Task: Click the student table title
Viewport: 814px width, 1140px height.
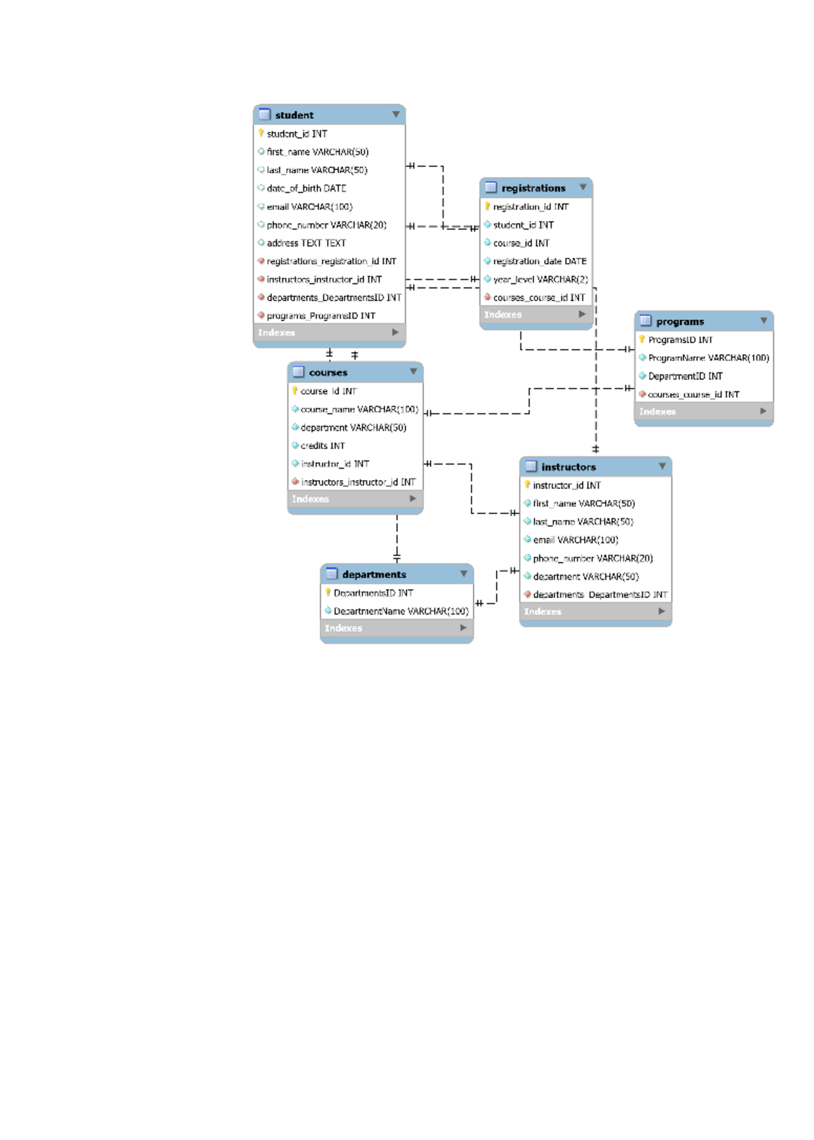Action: (x=294, y=115)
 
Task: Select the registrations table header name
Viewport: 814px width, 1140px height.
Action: (x=533, y=189)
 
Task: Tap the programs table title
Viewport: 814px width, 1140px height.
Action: (x=680, y=322)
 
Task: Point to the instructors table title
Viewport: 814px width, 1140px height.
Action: (x=568, y=467)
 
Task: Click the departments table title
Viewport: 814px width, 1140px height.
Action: (x=374, y=574)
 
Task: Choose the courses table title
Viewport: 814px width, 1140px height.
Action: (x=328, y=373)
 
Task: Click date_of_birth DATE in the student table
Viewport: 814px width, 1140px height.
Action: (x=306, y=189)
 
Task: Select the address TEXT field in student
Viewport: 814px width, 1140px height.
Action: (x=306, y=243)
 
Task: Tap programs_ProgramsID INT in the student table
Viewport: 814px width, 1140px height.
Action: (x=320, y=316)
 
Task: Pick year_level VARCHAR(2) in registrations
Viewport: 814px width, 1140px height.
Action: (x=540, y=279)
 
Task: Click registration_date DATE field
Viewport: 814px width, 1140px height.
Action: (x=539, y=261)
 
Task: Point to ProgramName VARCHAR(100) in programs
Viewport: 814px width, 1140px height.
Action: (x=708, y=358)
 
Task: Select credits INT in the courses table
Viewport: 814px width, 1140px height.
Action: (x=322, y=446)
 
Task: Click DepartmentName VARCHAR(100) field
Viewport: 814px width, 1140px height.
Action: (x=401, y=611)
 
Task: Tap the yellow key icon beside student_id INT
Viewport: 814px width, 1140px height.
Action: (x=261, y=134)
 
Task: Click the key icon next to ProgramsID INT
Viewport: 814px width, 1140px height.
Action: (x=642, y=340)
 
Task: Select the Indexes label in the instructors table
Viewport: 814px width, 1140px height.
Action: (x=543, y=612)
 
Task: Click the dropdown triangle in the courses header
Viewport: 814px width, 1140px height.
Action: (x=413, y=372)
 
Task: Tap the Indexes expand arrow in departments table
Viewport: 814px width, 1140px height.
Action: (x=463, y=628)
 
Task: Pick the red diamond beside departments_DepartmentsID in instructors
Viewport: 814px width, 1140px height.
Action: (x=527, y=595)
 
